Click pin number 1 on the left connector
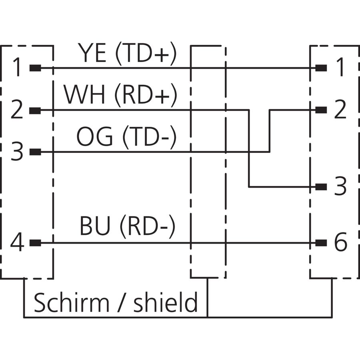point(17,67)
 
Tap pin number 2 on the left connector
point(17,109)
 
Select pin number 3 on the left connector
point(17,151)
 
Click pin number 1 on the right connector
point(340,67)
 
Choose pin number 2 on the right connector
point(340,109)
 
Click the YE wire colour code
point(92,52)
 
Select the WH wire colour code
point(84,94)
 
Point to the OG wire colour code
point(94,136)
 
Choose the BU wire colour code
point(94,226)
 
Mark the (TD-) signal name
point(150,137)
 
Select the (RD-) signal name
point(148,226)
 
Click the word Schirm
point(72,302)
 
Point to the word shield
point(165,302)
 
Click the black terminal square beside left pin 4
point(35,242)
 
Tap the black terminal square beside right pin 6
point(321,242)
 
